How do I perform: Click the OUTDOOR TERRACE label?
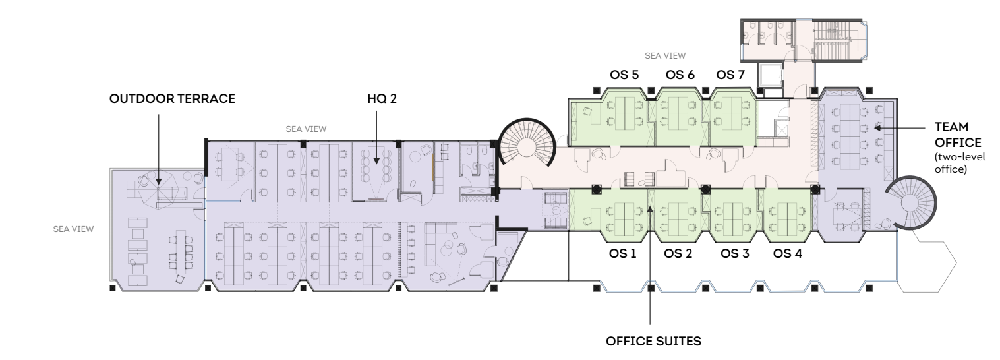172,98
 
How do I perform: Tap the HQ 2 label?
382,98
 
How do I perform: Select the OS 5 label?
624,75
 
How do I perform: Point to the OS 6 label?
680,75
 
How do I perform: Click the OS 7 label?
730,75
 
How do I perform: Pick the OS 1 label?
622,253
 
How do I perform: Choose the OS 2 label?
678,253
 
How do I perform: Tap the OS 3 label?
735,253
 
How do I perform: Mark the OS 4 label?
788,253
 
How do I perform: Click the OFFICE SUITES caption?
653,342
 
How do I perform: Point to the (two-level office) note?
960,163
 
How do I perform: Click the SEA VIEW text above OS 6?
665,56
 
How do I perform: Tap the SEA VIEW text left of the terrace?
73,229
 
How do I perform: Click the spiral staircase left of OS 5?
527,143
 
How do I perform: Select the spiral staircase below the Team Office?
911,203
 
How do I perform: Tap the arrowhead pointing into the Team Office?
877,128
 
